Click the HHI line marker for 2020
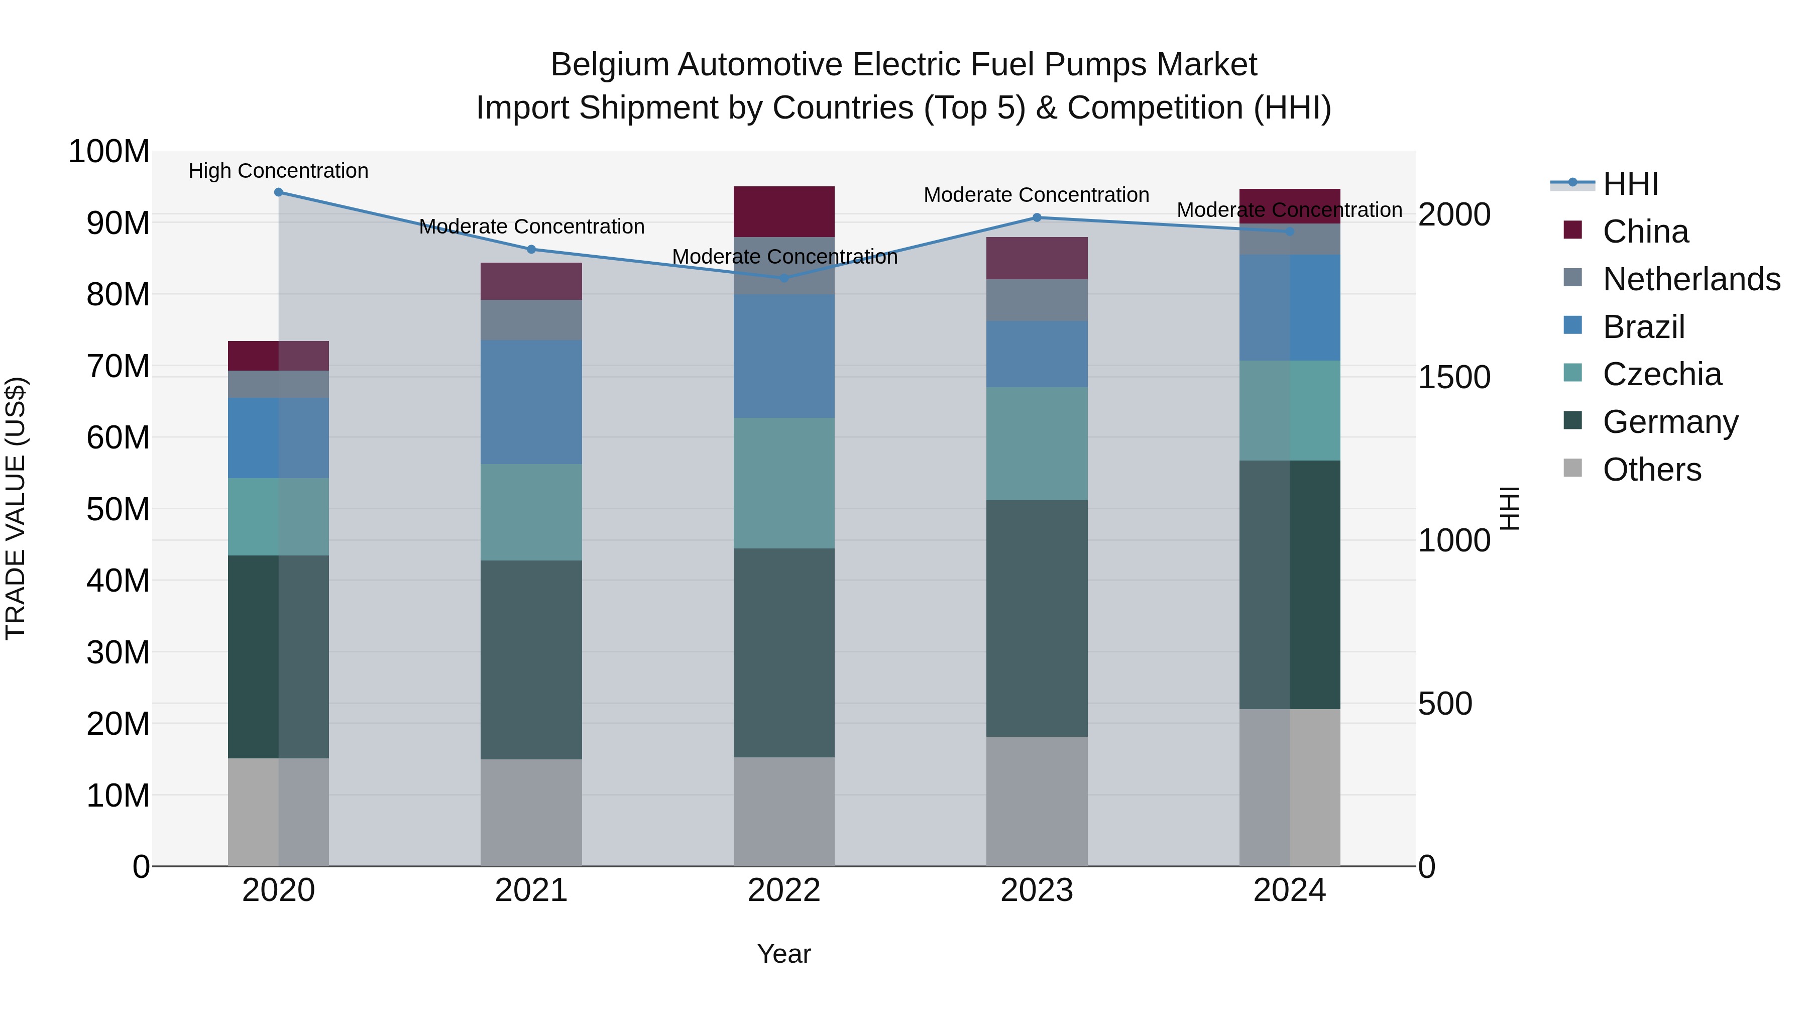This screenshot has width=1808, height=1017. pos(279,192)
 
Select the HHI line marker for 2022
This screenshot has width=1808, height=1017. pos(784,278)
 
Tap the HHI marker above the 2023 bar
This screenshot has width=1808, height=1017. pos(1037,217)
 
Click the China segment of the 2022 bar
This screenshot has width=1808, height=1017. pos(784,212)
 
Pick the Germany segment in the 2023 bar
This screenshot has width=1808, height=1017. pos(1037,618)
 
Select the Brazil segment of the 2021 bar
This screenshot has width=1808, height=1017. pos(531,402)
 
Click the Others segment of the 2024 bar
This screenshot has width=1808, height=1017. pos(1289,787)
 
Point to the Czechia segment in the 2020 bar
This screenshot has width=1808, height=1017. pos(279,517)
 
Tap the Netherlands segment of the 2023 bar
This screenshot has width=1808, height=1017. pos(1037,300)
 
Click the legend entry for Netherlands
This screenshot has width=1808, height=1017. pos(1691,279)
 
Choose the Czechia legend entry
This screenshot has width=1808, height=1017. pos(1661,374)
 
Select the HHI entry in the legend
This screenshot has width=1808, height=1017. pos(1630,184)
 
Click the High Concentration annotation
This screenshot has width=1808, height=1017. pos(279,171)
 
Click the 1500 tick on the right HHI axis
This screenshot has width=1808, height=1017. pos(1453,378)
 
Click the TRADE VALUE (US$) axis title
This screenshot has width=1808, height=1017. pos(16,508)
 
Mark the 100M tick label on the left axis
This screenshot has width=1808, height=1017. pos(109,152)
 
